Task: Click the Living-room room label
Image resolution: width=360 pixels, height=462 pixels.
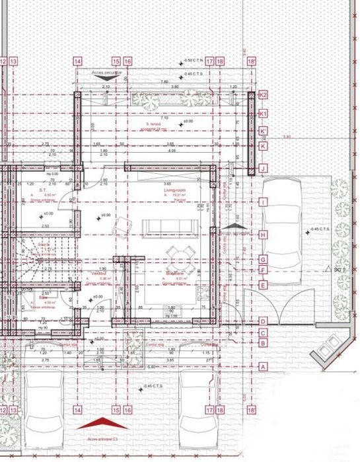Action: point(172,190)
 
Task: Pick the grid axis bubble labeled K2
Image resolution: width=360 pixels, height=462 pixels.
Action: point(262,95)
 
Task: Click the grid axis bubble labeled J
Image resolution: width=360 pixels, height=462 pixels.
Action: point(262,169)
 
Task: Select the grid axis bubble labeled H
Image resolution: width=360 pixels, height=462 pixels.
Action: point(262,235)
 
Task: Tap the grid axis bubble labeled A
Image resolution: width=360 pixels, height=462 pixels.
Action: point(262,366)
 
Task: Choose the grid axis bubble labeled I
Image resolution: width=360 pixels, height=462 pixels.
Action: point(262,202)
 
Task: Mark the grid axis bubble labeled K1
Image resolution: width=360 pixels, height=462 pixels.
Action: point(262,114)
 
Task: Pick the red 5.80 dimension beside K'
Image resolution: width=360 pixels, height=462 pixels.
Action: point(287,137)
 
